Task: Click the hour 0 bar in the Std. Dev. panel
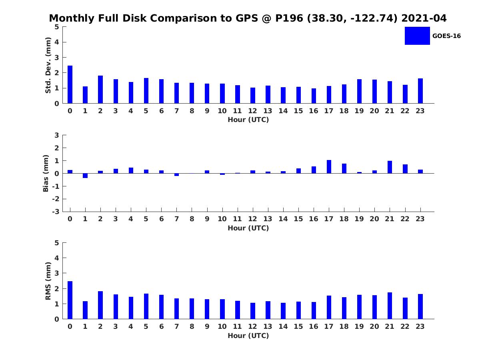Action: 70,84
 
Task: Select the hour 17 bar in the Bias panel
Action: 329,167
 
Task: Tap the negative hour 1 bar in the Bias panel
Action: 85,176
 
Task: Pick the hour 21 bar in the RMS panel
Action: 390,306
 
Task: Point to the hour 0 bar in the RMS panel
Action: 70,300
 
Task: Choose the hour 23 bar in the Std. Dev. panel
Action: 420,91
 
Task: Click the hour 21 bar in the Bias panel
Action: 390,167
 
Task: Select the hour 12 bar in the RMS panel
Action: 252,311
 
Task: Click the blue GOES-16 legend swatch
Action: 417,36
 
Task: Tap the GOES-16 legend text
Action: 446,36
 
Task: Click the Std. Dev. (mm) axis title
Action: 48,65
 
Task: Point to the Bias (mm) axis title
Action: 46,173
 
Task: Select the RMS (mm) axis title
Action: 48,281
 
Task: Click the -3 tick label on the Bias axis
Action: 56,212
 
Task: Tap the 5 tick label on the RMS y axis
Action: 57,243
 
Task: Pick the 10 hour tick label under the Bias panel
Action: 222,219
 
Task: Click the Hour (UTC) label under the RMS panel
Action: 248,336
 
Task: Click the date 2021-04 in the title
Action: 424,18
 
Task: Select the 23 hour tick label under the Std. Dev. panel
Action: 420,111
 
